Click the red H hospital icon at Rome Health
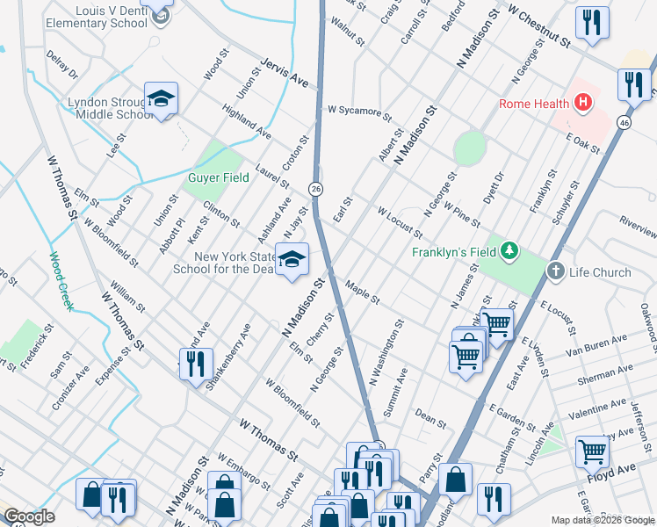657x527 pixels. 581,104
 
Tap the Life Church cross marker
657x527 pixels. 555,271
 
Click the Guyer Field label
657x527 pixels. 213,177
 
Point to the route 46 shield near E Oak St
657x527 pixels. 624,122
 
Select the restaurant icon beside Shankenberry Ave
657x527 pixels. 196,363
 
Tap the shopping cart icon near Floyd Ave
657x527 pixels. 592,451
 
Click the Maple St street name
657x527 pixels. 362,293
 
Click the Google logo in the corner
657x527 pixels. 29,516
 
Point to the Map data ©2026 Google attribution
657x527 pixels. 602,519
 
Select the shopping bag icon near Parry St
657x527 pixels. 456,480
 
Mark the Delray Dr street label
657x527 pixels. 61,64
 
